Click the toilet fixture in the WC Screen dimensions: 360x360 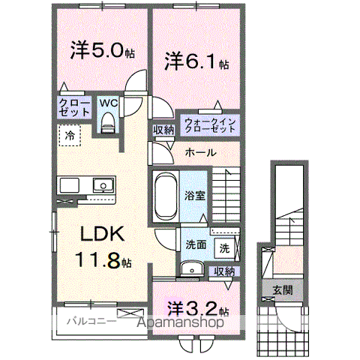tap(107, 122)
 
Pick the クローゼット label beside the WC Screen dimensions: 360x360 tap(73, 106)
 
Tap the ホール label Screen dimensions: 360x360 tap(200, 152)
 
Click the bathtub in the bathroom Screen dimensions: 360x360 tap(164, 195)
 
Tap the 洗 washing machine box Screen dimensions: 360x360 tap(223, 247)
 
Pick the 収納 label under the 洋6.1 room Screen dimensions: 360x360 tap(163, 130)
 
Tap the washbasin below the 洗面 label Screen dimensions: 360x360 tap(192, 268)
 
